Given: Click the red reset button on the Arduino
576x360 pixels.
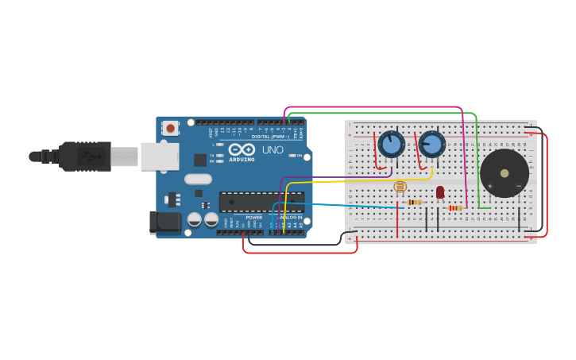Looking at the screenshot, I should coord(170,127).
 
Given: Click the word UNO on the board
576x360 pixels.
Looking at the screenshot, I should coord(273,149).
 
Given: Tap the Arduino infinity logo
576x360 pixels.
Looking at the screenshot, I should coord(242,149).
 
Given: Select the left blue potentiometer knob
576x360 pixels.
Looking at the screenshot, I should coord(391,144).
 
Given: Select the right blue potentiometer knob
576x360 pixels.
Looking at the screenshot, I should coord(432,144).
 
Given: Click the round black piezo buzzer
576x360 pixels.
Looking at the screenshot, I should coord(504,172).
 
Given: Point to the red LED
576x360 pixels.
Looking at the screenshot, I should coord(440,192).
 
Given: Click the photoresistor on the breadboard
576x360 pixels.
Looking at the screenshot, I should coord(400,188).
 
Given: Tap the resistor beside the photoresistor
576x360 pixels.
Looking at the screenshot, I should coord(413,203).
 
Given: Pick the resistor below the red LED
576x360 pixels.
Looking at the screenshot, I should coord(454,208).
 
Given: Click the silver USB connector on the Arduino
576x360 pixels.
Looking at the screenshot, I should coord(160,157).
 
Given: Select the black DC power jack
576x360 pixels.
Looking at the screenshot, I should coord(165,222).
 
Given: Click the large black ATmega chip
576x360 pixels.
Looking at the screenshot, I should coord(261,202).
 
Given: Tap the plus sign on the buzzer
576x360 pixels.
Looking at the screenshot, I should coord(489,186).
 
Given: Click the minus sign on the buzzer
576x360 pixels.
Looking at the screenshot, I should coord(519,186).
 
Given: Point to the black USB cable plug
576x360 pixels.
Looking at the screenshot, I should coord(83,156).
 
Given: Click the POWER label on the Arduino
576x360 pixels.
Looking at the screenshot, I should coord(253,217).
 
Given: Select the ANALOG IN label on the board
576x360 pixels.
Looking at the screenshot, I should coord(290,217).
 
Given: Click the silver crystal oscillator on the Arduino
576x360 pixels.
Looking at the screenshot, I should coord(199,179).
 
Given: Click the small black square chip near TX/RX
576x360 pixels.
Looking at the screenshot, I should coord(199,160).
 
